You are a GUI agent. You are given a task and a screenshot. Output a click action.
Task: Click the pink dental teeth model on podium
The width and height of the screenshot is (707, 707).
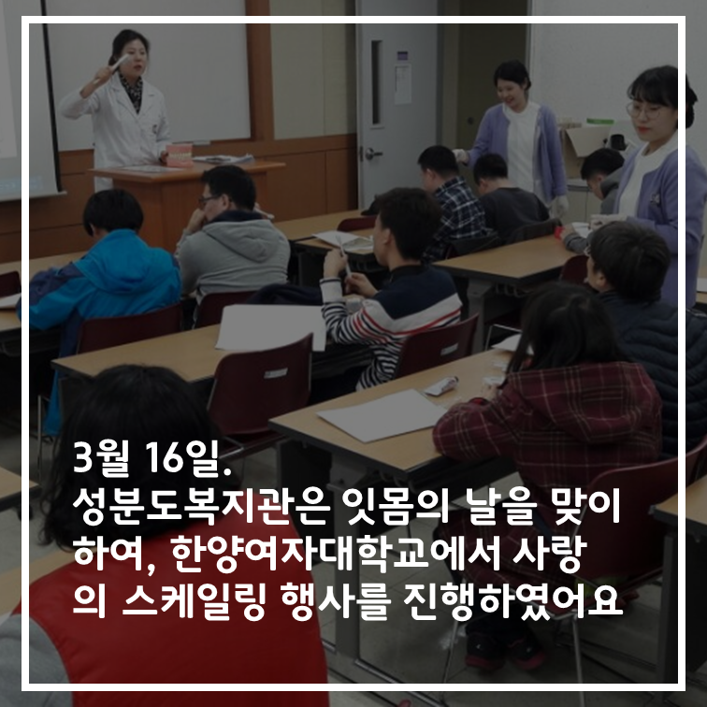pyautogui.click(x=180, y=155)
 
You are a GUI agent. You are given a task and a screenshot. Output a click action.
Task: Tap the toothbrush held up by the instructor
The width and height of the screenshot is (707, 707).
pyautogui.click(x=116, y=64)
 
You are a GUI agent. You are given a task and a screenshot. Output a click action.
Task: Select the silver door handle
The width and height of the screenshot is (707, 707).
pyautogui.click(x=372, y=154)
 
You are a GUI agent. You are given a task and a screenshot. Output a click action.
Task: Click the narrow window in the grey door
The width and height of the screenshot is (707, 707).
pyautogui.click(x=377, y=82)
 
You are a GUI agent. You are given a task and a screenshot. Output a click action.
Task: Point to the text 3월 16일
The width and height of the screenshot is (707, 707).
pyautogui.click(x=151, y=458)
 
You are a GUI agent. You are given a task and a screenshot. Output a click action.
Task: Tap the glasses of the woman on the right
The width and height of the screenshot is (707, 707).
pyautogui.click(x=644, y=109)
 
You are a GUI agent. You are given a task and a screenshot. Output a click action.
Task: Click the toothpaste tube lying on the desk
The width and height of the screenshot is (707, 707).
pyautogui.click(x=441, y=386)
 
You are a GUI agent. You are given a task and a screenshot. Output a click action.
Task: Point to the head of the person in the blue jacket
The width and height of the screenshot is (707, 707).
pyautogui.click(x=113, y=211)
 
